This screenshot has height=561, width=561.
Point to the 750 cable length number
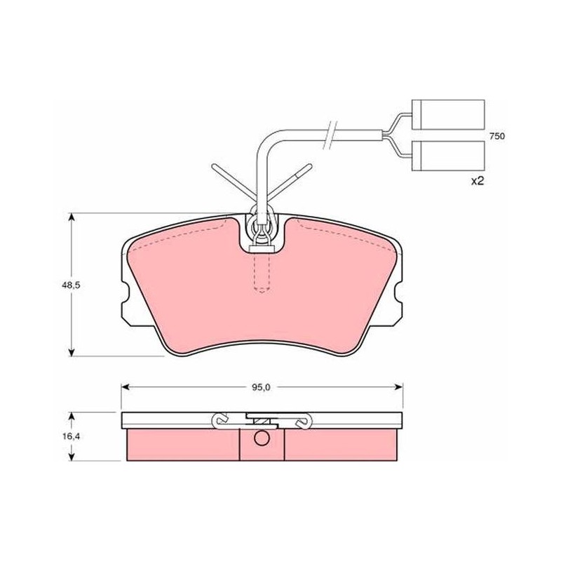[497, 136]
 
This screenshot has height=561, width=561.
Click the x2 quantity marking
[477, 182]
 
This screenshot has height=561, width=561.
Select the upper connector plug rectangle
[448, 114]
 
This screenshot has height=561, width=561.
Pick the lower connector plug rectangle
[448, 156]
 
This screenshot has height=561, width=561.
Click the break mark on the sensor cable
[330, 135]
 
